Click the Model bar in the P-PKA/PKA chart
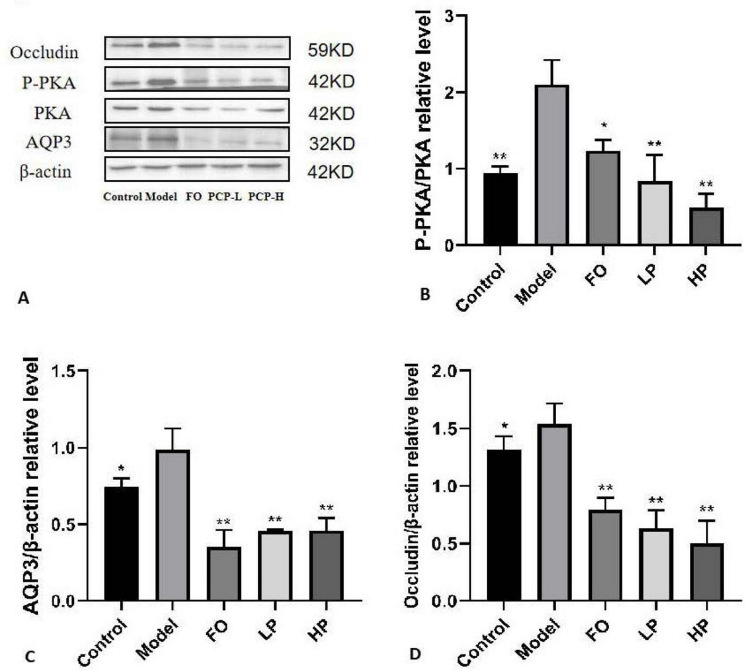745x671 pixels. tap(551, 165)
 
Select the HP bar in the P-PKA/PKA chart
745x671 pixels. tap(706, 226)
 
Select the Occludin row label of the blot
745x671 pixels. tap(45, 52)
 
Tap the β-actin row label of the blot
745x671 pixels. tap(46, 172)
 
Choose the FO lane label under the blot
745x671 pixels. tap(194, 197)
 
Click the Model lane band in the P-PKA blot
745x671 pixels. tap(161, 82)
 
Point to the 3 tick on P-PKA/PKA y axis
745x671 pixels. tap(450, 16)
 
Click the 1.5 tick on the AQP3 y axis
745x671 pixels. tap(63, 371)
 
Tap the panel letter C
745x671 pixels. tap(30, 657)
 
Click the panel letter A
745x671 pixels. tap(23, 298)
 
